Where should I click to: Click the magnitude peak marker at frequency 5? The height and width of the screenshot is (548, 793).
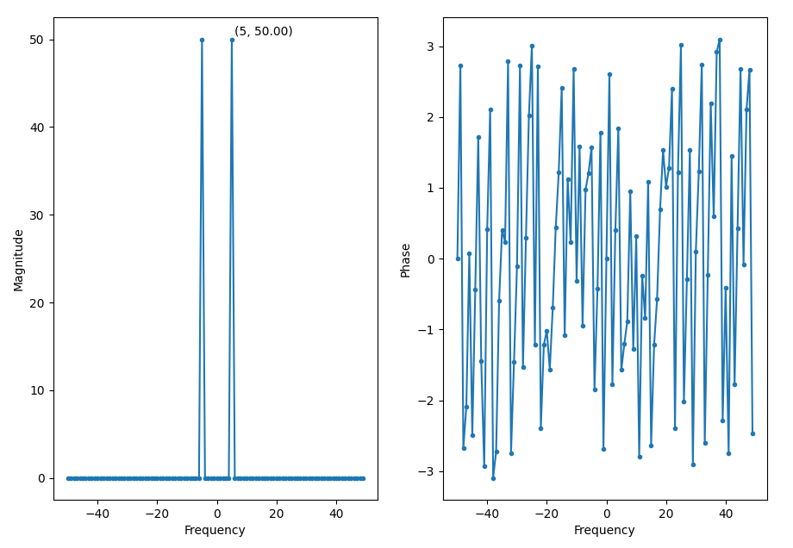232,40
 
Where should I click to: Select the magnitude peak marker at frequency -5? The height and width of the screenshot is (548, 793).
202,40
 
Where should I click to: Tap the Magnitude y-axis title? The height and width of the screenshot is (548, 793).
18,259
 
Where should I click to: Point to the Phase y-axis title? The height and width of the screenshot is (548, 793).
406,259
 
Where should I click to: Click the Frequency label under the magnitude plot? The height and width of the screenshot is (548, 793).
215,531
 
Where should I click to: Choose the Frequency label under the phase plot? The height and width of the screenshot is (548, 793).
604,531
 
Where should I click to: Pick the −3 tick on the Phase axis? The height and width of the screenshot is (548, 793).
428,471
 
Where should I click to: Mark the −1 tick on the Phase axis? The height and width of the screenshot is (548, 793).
428,330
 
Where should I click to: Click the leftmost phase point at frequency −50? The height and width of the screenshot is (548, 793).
458,258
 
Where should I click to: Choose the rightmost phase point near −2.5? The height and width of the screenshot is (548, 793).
752,433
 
